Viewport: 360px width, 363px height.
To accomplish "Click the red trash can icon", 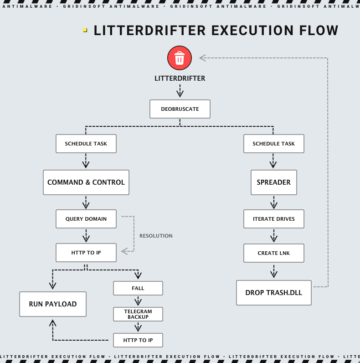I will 180,58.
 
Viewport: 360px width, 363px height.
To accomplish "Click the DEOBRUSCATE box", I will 180,109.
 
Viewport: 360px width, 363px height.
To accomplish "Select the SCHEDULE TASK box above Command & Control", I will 86,144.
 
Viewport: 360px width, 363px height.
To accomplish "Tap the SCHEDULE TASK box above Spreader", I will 273,144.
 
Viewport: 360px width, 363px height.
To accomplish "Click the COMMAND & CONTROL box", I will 86,182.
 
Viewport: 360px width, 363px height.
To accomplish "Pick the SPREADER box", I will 273,182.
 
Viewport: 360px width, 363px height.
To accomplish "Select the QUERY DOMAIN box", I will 86,219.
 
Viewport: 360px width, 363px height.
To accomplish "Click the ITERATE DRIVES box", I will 273,219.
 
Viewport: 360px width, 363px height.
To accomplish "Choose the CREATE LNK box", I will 273,253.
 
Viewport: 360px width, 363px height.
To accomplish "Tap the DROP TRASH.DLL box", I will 273,293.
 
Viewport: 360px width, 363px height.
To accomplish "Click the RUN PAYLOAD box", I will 53,304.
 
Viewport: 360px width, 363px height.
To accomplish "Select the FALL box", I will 138,288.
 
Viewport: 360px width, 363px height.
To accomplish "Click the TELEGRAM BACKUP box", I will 138,314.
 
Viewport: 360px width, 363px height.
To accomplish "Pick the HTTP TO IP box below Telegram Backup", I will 138,340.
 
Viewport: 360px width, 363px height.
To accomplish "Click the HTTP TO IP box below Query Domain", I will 86,253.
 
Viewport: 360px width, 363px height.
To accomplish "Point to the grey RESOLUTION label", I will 156,236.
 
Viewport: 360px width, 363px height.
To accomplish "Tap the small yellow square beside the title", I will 85,30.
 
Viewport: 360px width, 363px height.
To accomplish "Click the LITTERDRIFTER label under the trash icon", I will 180,78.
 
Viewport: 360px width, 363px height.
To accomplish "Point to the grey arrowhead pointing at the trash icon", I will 202,58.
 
